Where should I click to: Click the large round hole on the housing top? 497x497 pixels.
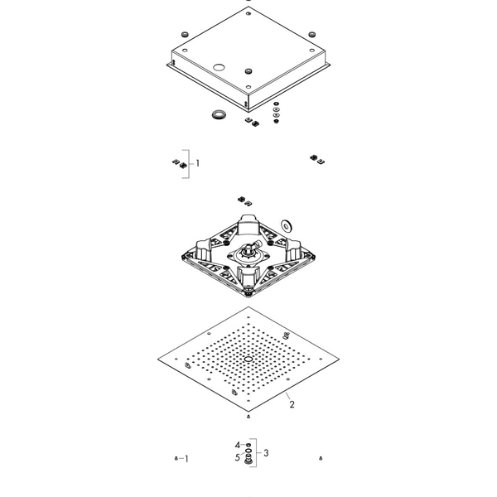pyautogui.click(x=219, y=67)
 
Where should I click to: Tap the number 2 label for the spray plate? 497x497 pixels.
pyautogui.click(x=292, y=404)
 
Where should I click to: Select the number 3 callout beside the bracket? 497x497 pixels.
pyautogui.click(x=266, y=453)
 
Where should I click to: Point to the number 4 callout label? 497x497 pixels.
pyautogui.click(x=238, y=445)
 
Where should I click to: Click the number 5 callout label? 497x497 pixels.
pyautogui.click(x=238, y=458)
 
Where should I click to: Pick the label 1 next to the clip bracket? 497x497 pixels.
pyautogui.click(x=198, y=163)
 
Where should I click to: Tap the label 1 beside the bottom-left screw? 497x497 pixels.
pyautogui.click(x=186, y=459)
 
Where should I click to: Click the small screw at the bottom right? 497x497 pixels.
pyautogui.click(x=321, y=458)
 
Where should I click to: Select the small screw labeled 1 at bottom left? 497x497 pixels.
pyautogui.click(x=176, y=458)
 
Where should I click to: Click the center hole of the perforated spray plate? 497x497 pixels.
pyautogui.click(x=248, y=359)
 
